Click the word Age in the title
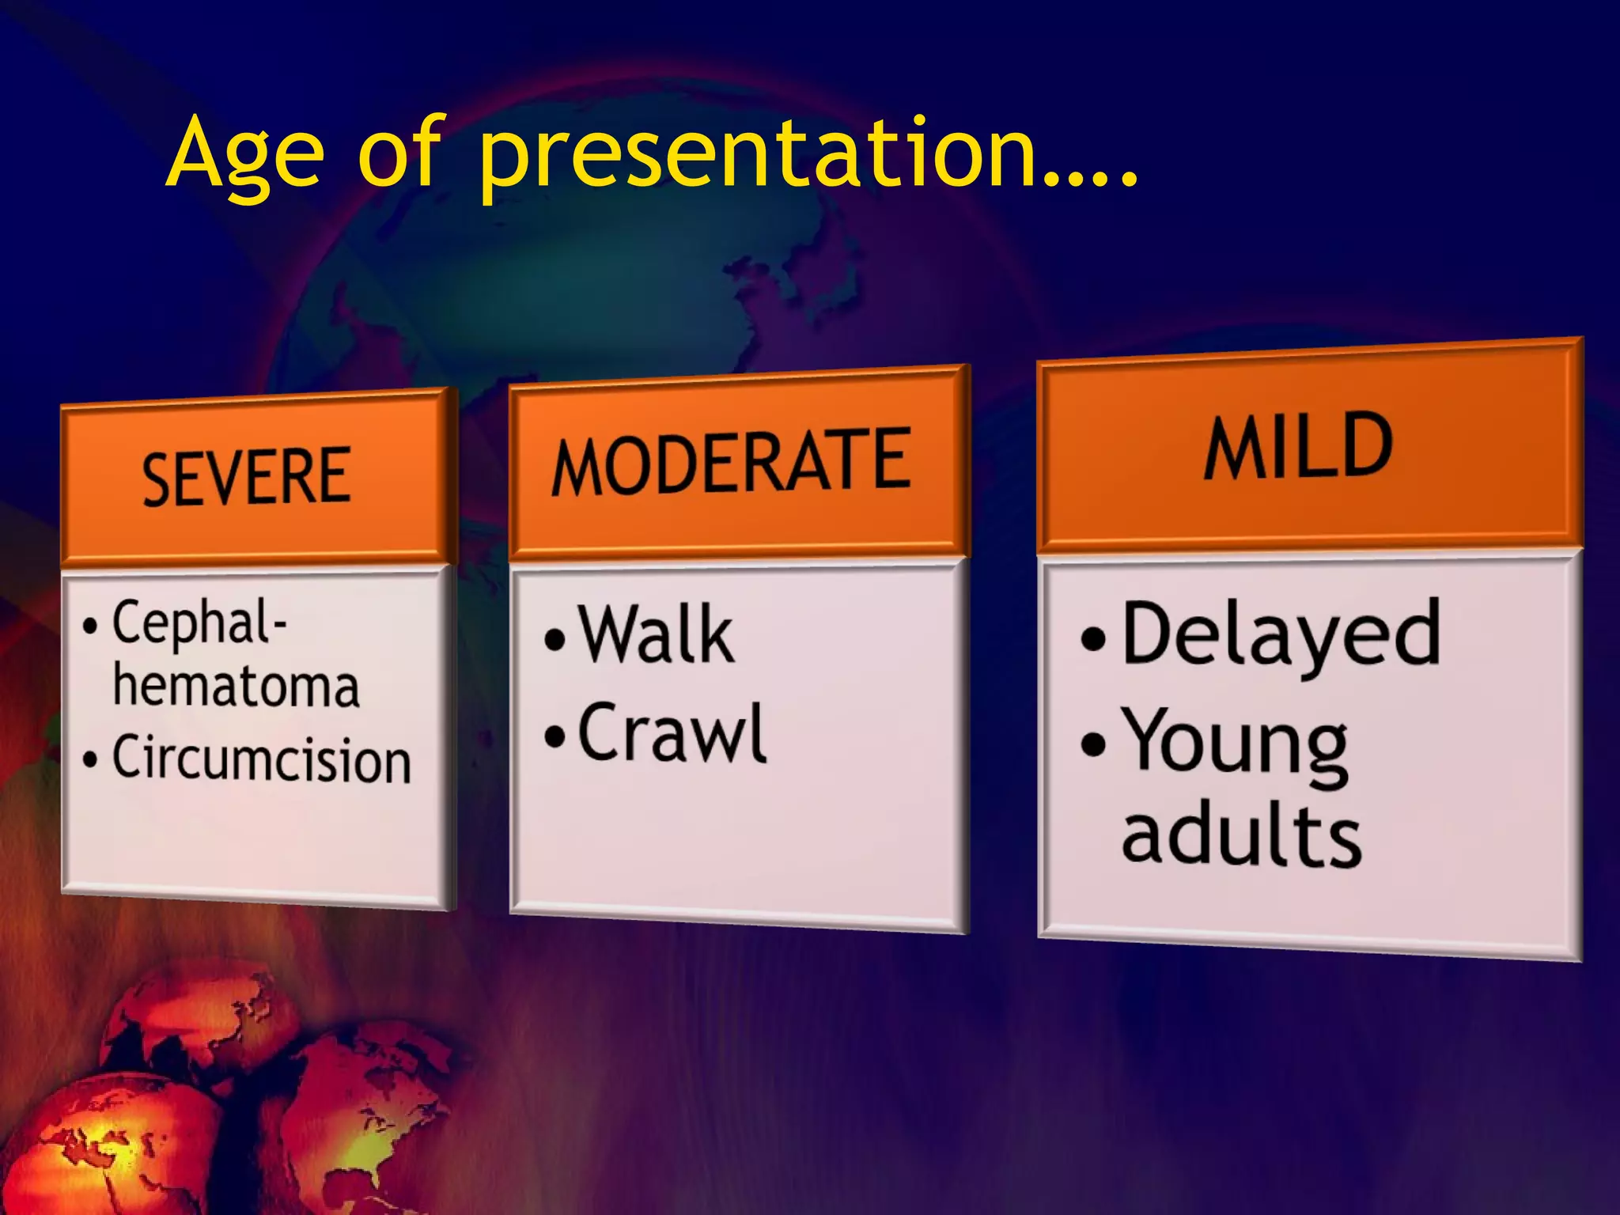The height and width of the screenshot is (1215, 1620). pyautogui.click(x=245, y=154)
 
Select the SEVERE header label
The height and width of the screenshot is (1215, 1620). pyautogui.click(x=246, y=476)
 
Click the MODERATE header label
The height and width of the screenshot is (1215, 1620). pyautogui.click(x=732, y=463)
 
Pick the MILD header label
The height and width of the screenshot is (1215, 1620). pyautogui.click(x=1298, y=447)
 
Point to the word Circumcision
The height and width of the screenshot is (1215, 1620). pyautogui.click(x=261, y=759)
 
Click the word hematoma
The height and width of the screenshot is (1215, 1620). pyautogui.click(x=236, y=686)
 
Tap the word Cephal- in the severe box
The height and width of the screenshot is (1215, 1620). pyautogui.click(x=199, y=623)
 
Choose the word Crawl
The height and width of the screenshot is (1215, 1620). pyautogui.click(x=672, y=734)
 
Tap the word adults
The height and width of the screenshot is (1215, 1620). pyautogui.click(x=1241, y=836)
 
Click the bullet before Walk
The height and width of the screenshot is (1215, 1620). pyautogui.click(x=555, y=639)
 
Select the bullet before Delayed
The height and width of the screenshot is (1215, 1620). pyautogui.click(x=1092, y=639)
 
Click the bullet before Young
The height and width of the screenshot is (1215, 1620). pyautogui.click(x=1092, y=744)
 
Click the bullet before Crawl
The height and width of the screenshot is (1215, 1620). pyautogui.click(x=555, y=736)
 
